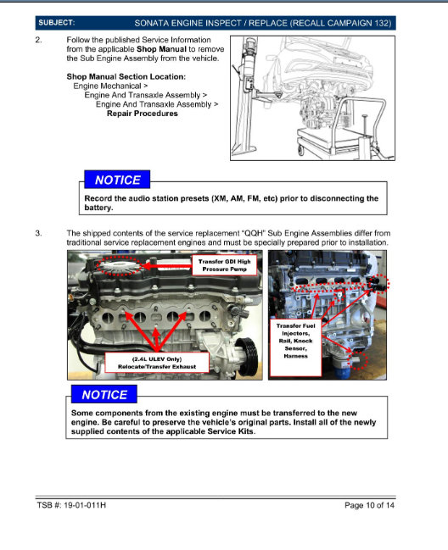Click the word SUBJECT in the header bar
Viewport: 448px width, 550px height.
pos(56,23)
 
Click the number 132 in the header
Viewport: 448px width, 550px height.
pos(382,23)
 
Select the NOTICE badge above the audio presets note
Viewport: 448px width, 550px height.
pos(117,180)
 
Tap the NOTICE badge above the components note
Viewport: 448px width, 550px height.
pos(104,395)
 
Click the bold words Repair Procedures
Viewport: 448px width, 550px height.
pos(143,114)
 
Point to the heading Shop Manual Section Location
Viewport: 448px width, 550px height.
pos(126,76)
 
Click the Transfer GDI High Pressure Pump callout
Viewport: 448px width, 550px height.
pos(224,265)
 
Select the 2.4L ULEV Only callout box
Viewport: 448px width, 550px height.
pos(157,363)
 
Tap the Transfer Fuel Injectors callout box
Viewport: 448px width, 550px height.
pos(295,347)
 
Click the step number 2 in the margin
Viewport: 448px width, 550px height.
pos(38,40)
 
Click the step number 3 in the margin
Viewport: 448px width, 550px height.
pos(38,233)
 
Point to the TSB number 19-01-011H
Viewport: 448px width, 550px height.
pos(85,505)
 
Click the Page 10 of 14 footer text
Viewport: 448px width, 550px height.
pos(369,505)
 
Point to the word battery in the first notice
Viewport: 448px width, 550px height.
pos(98,208)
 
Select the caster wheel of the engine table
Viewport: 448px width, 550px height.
pos(301,150)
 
